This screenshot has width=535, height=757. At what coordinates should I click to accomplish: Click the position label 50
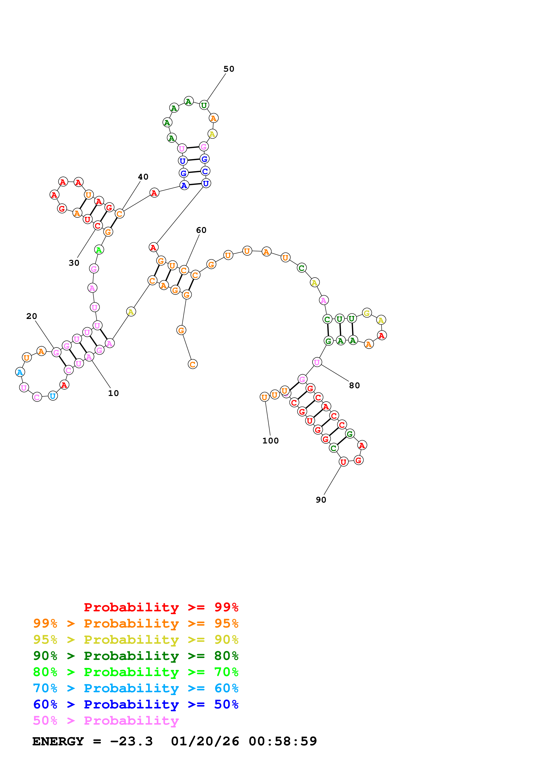click(x=229, y=69)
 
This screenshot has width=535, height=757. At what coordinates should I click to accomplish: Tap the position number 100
click(x=270, y=441)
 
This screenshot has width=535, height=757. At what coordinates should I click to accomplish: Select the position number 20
click(x=32, y=316)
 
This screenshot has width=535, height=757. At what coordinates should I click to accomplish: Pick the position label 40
click(x=143, y=177)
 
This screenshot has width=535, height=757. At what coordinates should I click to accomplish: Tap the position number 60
click(x=201, y=230)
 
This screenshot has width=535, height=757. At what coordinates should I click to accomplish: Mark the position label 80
click(x=354, y=385)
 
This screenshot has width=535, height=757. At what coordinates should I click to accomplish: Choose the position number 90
click(x=321, y=500)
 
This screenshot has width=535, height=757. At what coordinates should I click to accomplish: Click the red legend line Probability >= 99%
click(x=161, y=607)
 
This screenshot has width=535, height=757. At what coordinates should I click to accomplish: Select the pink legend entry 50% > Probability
click(x=106, y=720)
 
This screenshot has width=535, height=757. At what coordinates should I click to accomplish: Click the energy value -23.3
click(x=131, y=741)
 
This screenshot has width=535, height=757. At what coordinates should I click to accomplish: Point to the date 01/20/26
click(x=205, y=741)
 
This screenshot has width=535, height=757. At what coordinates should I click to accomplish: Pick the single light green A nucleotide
click(x=99, y=250)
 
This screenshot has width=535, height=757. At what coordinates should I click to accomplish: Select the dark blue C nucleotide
click(x=205, y=171)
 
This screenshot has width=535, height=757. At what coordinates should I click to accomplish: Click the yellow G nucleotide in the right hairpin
click(x=366, y=313)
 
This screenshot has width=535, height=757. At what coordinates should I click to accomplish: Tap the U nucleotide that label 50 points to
click(x=204, y=105)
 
